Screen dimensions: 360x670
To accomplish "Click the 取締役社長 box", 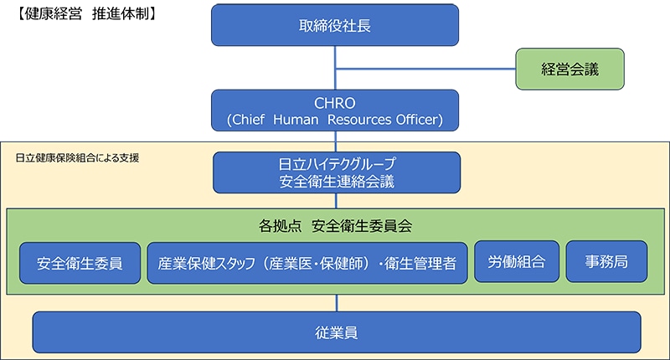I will (x=335, y=25).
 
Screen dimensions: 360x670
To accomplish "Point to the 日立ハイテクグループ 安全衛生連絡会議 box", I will (x=335, y=171).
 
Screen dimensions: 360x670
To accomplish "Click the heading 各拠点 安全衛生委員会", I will (x=335, y=226).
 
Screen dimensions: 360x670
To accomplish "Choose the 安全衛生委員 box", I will (x=80, y=263).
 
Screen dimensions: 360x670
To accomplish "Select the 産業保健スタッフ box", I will (x=307, y=263).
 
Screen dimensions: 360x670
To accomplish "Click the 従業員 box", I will (x=336, y=332).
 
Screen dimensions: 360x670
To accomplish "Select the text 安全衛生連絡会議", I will (x=335, y=180).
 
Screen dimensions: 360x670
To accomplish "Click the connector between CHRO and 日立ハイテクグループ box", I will (x=335, y=141).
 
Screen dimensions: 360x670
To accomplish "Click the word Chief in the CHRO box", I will (x=250, y=120).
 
